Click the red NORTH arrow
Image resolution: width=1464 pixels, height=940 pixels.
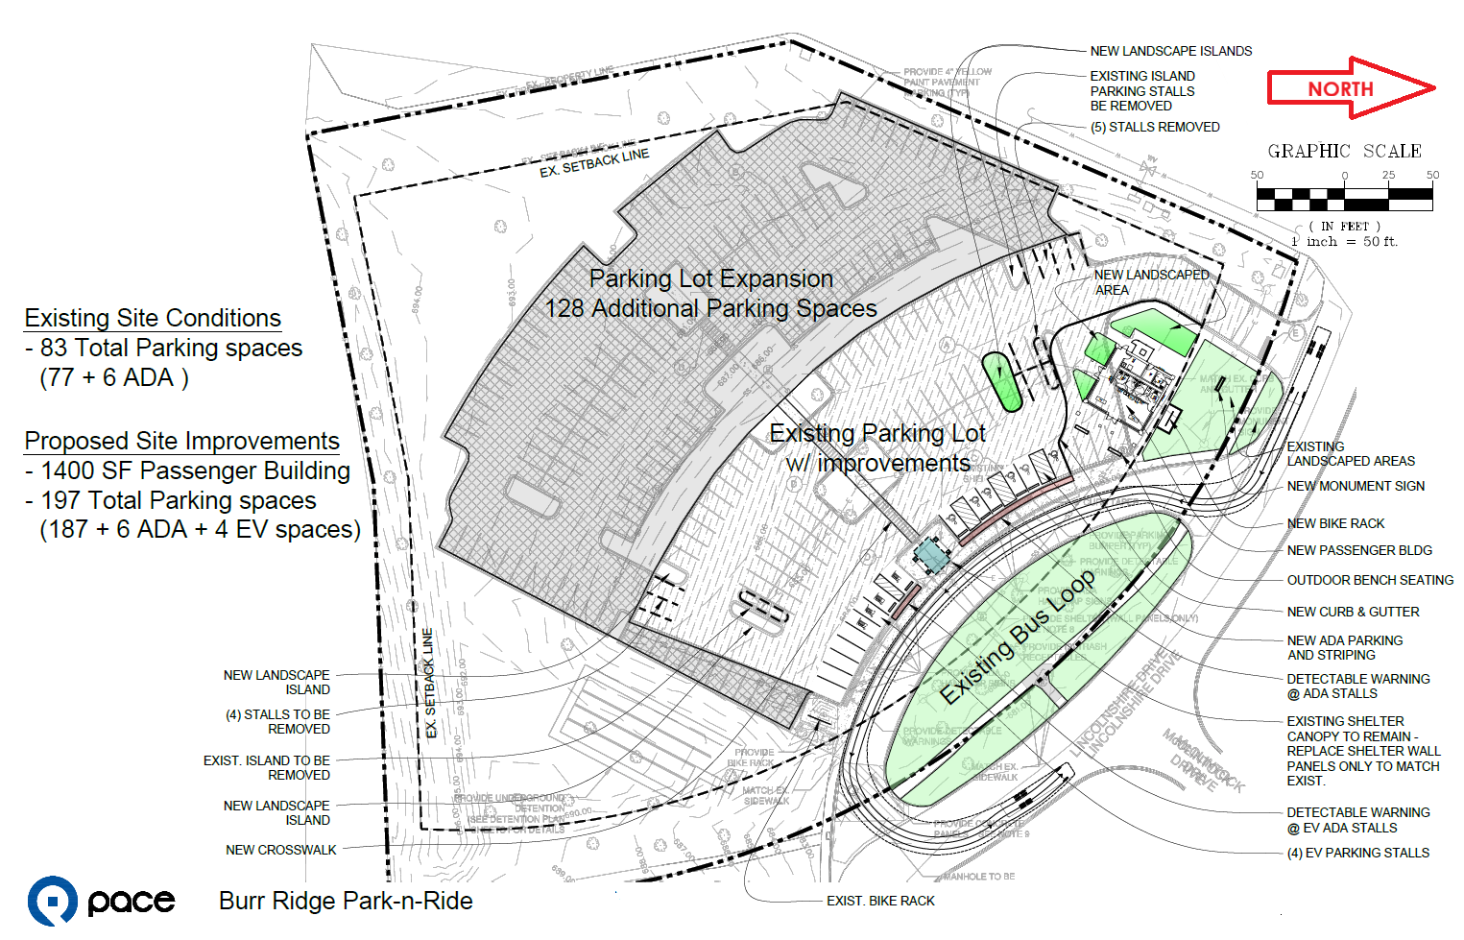pos(1350,88)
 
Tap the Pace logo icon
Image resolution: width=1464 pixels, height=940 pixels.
pos(52,901)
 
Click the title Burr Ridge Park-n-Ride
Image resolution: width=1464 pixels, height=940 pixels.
pos(346,901)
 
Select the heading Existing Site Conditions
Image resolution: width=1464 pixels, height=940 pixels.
pos(153,318)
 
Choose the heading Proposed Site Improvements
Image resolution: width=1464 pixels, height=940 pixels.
pos(181,441)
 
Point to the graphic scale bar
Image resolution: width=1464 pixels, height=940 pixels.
pos(1344,199)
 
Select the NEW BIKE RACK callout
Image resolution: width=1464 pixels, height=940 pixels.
pos(1335,523)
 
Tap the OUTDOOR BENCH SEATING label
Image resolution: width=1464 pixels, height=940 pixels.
pos(1370,580)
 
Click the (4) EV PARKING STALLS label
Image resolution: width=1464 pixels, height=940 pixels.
pos(1357,853)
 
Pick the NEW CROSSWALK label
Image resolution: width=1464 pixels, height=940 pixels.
pos(281,850)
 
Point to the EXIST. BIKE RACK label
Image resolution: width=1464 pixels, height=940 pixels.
pos(880,901)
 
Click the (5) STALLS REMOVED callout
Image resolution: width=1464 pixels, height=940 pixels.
pos(1155,127)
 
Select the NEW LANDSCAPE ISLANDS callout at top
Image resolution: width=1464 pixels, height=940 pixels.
pos(1170,51)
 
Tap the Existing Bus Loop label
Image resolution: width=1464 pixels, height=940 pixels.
pos(1017,637)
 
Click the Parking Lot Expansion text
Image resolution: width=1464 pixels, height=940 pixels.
pos(710,278)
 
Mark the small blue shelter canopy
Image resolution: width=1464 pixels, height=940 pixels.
pos(929,554)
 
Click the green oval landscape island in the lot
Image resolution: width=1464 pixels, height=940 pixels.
pos(1001,380)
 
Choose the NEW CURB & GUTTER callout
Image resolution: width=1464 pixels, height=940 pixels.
pos(1353,612)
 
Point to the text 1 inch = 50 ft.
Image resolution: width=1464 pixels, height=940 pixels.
pos(1344,242)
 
